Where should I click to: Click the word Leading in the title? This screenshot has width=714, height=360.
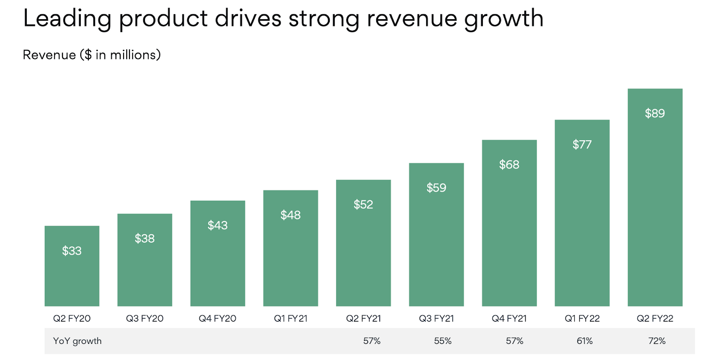click(67, 19)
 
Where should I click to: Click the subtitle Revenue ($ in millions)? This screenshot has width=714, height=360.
click(91, 55)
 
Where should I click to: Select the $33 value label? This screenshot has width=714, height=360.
click(72, 251)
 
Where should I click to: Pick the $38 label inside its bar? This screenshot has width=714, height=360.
click(145, 239)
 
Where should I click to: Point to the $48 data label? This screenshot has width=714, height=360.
click(291, 215)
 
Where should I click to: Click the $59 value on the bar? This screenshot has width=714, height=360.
click(436, 188)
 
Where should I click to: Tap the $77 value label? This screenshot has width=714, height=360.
click(582, 145)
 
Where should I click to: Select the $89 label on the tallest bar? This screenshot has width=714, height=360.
click(655, 113)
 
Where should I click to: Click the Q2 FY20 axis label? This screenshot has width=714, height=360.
click(72, 319)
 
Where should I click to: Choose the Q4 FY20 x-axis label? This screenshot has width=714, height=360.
click(217, 319)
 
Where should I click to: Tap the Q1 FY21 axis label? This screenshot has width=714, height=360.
click(291, 319)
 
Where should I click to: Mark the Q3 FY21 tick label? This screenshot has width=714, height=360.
click(436, 319)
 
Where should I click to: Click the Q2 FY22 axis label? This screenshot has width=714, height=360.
click(655, 319)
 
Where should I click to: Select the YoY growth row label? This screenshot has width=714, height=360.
click(77, 341)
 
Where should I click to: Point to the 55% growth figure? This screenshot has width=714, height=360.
click(443, 341)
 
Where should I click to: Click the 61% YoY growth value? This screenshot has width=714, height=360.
click(585, 341)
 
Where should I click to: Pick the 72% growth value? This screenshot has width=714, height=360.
click(657, 341)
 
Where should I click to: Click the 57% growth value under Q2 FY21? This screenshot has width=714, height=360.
click(372, 341)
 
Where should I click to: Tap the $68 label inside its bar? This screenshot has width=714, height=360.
click(509, 165)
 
